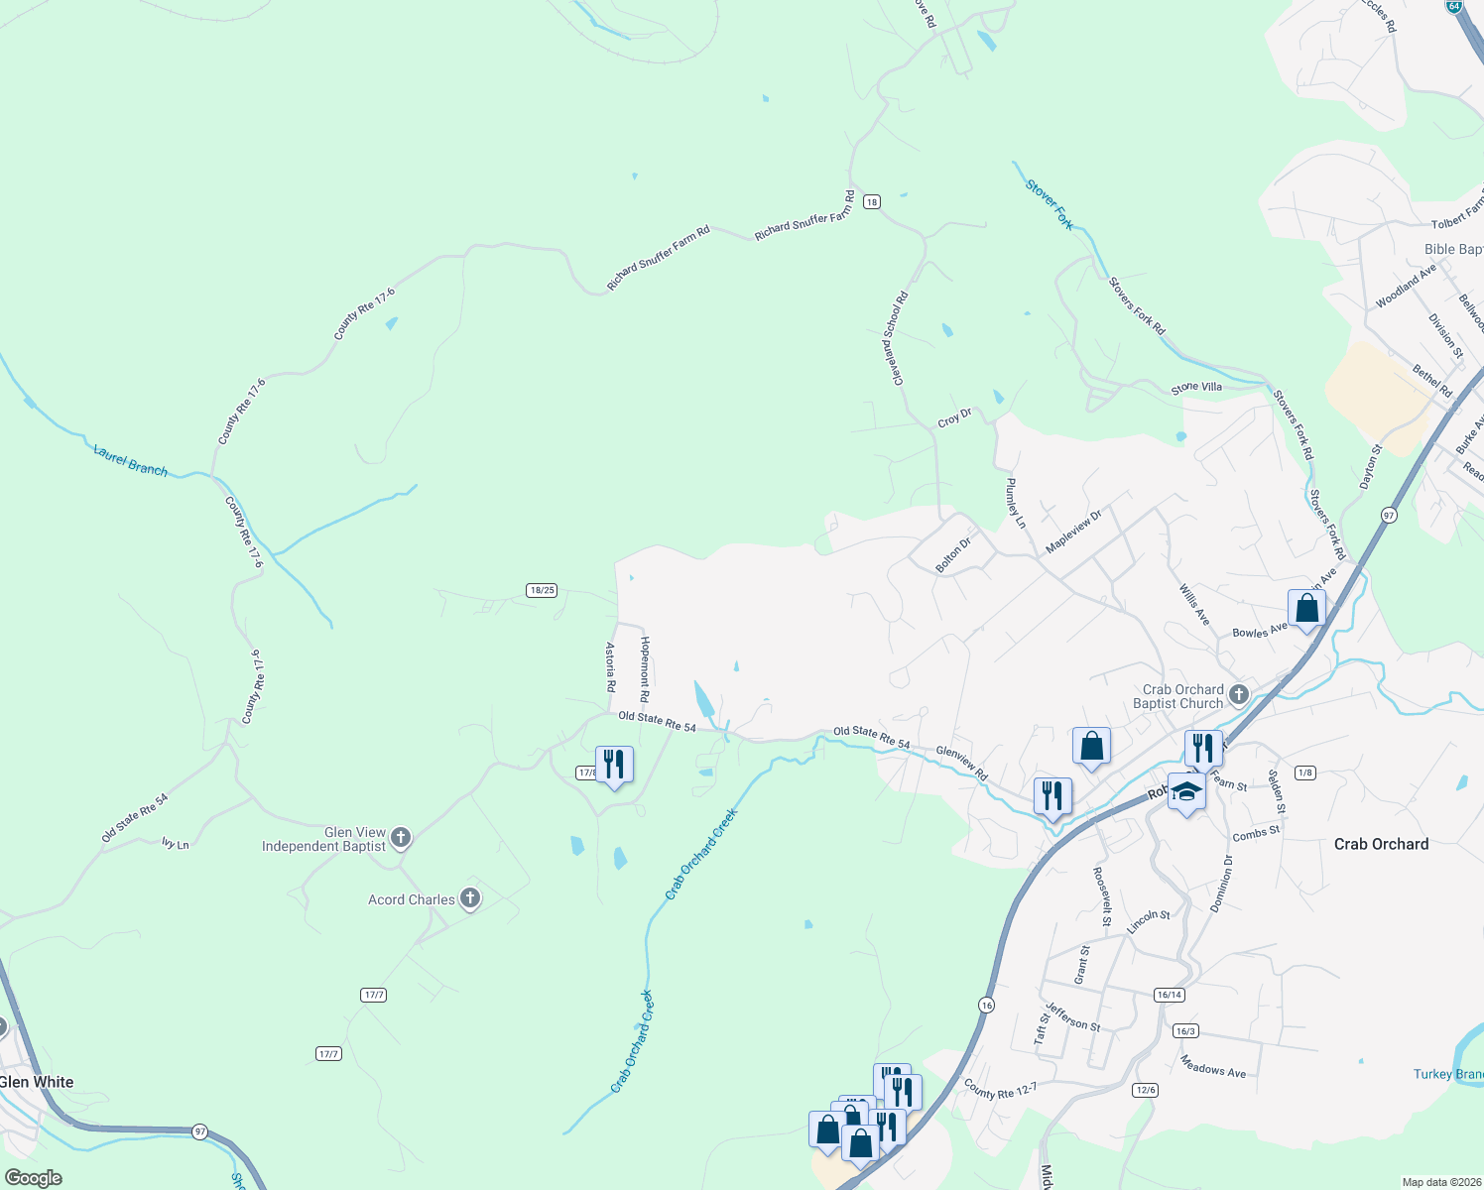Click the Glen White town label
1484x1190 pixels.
coord(37,1082)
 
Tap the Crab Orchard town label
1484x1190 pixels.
coord(1381,844)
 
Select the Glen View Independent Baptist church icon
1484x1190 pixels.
coord(401,838)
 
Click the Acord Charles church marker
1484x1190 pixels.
coord(470,898)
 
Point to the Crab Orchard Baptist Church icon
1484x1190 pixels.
coord(1239,694)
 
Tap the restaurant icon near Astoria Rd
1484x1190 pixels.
coord(614,765)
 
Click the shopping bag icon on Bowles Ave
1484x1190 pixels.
coord(1306,608)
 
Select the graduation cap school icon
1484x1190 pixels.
coord(1186,791)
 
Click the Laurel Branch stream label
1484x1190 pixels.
coord(131,460)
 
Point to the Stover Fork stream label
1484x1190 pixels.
coord(1050,204)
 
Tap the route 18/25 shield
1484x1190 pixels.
coord(542,590)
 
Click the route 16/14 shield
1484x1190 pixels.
coord(1170,995)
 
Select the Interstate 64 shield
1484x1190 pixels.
coord(1454,6)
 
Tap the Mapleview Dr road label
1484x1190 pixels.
coord(1074,533)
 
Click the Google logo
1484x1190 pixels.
coord(34,1178)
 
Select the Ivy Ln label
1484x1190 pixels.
coord(176,843)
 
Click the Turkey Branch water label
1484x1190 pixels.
coord(1448,1074)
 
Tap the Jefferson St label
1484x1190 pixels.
coord(1073,1017)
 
